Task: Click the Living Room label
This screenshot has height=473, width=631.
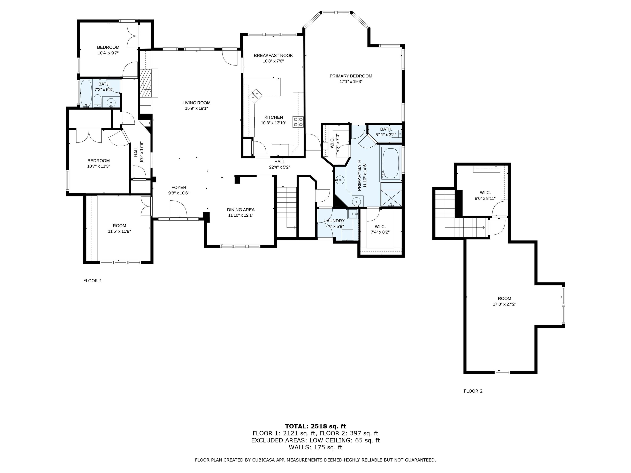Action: pos(197,103)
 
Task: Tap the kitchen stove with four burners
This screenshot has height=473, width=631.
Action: pos(298,122)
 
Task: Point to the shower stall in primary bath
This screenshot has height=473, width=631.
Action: pos(391,198)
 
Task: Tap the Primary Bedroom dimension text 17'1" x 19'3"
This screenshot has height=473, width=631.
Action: pos(351,82)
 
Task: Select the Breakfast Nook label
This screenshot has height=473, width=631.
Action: pos(273,56)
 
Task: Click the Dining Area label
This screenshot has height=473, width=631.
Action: pos(241,210)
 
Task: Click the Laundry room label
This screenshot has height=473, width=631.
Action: pos(334,221)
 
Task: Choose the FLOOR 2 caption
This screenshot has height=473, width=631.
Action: pos(473,391)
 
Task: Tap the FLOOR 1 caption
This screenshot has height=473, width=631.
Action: pos(92,281)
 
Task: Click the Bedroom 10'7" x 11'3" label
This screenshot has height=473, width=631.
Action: pos(98,163)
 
